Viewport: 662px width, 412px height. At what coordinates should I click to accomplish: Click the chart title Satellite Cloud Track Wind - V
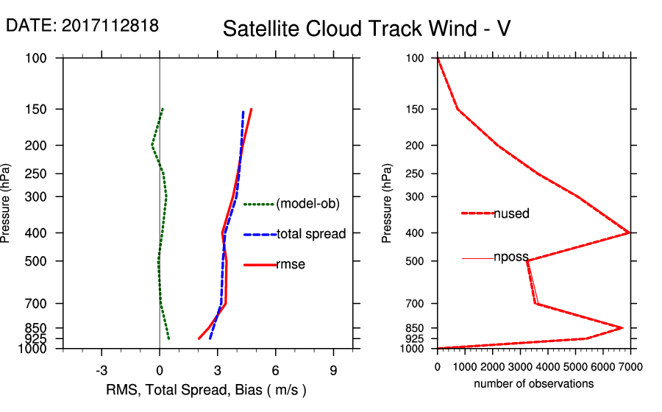(x=366, y=29)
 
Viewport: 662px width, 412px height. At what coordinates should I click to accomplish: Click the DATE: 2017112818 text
(x=82, y=26)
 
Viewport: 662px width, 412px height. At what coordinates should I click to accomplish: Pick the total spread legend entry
(x=311, y=234)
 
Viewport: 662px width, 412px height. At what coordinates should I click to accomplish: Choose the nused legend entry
(x=511, y=213)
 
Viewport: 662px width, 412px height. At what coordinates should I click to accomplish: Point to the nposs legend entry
(x=511, y=257)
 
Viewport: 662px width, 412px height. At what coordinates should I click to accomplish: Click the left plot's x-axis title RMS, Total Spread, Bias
(x=206, y=389)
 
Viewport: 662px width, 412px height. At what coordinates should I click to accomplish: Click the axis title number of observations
(x=533, y=384)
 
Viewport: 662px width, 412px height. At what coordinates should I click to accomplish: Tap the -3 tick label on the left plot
(x=102, y=371)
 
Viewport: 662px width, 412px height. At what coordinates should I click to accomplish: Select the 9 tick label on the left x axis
(x=333, y=371)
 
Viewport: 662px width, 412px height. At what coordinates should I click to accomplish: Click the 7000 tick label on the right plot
(x=630, y=366)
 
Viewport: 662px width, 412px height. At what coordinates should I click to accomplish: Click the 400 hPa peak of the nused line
(x=629, y=232)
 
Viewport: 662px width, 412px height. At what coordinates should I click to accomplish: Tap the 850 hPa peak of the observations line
(x=622, y=327)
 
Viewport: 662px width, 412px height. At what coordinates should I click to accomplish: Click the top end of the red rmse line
(x=251, y=109)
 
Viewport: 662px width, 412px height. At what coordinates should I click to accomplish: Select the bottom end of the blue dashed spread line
(x=210, y=338)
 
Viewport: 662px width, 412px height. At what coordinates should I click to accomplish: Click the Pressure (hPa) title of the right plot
(x=387, y=204)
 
